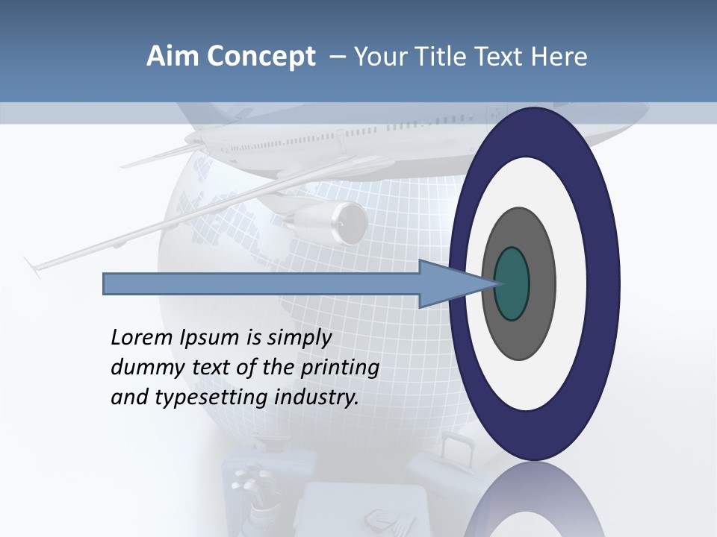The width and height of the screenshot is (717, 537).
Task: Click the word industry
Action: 317,398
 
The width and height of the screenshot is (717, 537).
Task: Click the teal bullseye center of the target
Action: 512,284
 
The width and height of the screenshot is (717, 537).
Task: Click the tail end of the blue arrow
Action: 108,284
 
